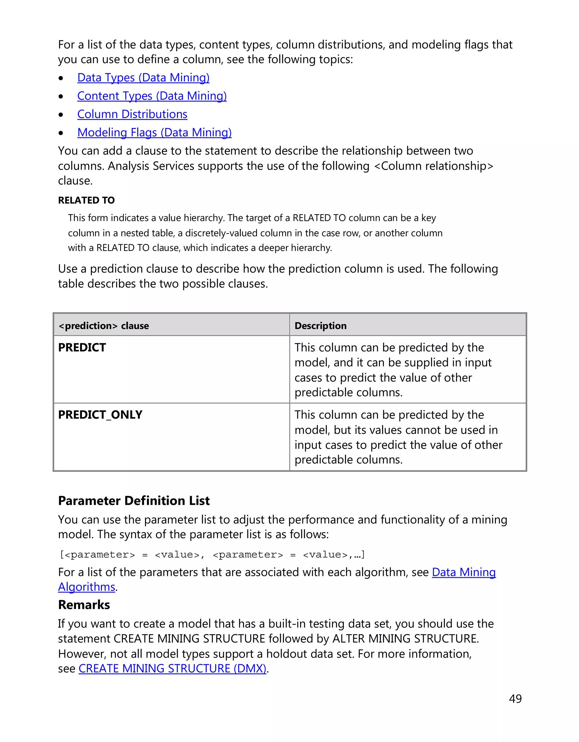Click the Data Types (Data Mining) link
[x=143, y=78]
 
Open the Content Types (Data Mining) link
[x=152, y=96]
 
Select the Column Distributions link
[x=132, y=114]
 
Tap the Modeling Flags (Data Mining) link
[x=154, y=133]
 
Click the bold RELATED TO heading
[x=86, y=200]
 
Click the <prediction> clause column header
[x=104, y=326]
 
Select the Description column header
[x=320, y=326]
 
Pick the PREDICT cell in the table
[x=82, y=348]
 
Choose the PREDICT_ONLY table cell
[x=100, y=415]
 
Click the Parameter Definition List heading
[x=134, y=501]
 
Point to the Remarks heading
[x=84, y=605]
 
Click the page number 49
[x=515, y=699]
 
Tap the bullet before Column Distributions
[x=61, y=115]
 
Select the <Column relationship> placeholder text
[x=434, y=166]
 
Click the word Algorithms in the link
[x=87, y=587]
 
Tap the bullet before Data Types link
[x=61, y=78]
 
